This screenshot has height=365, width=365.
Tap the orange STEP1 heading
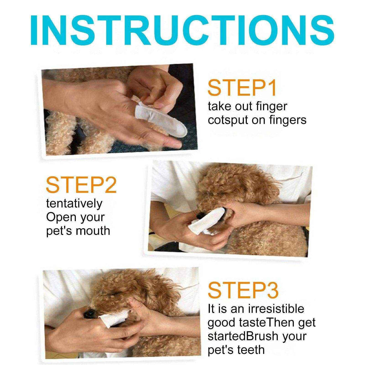[x=242, y=87]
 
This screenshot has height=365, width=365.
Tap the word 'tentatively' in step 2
[x=74, y=204]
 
